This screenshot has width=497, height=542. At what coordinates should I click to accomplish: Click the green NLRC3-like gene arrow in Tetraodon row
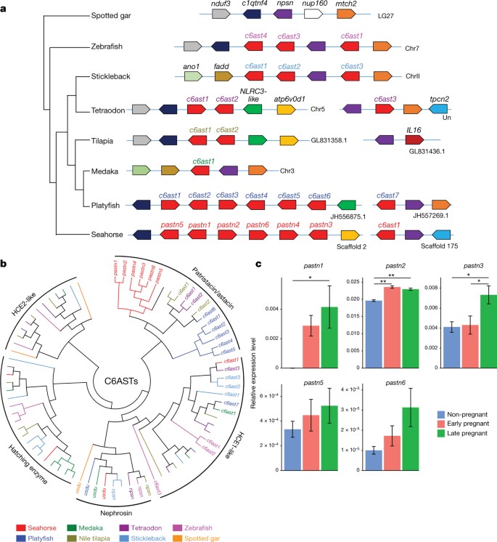point(252,108)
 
